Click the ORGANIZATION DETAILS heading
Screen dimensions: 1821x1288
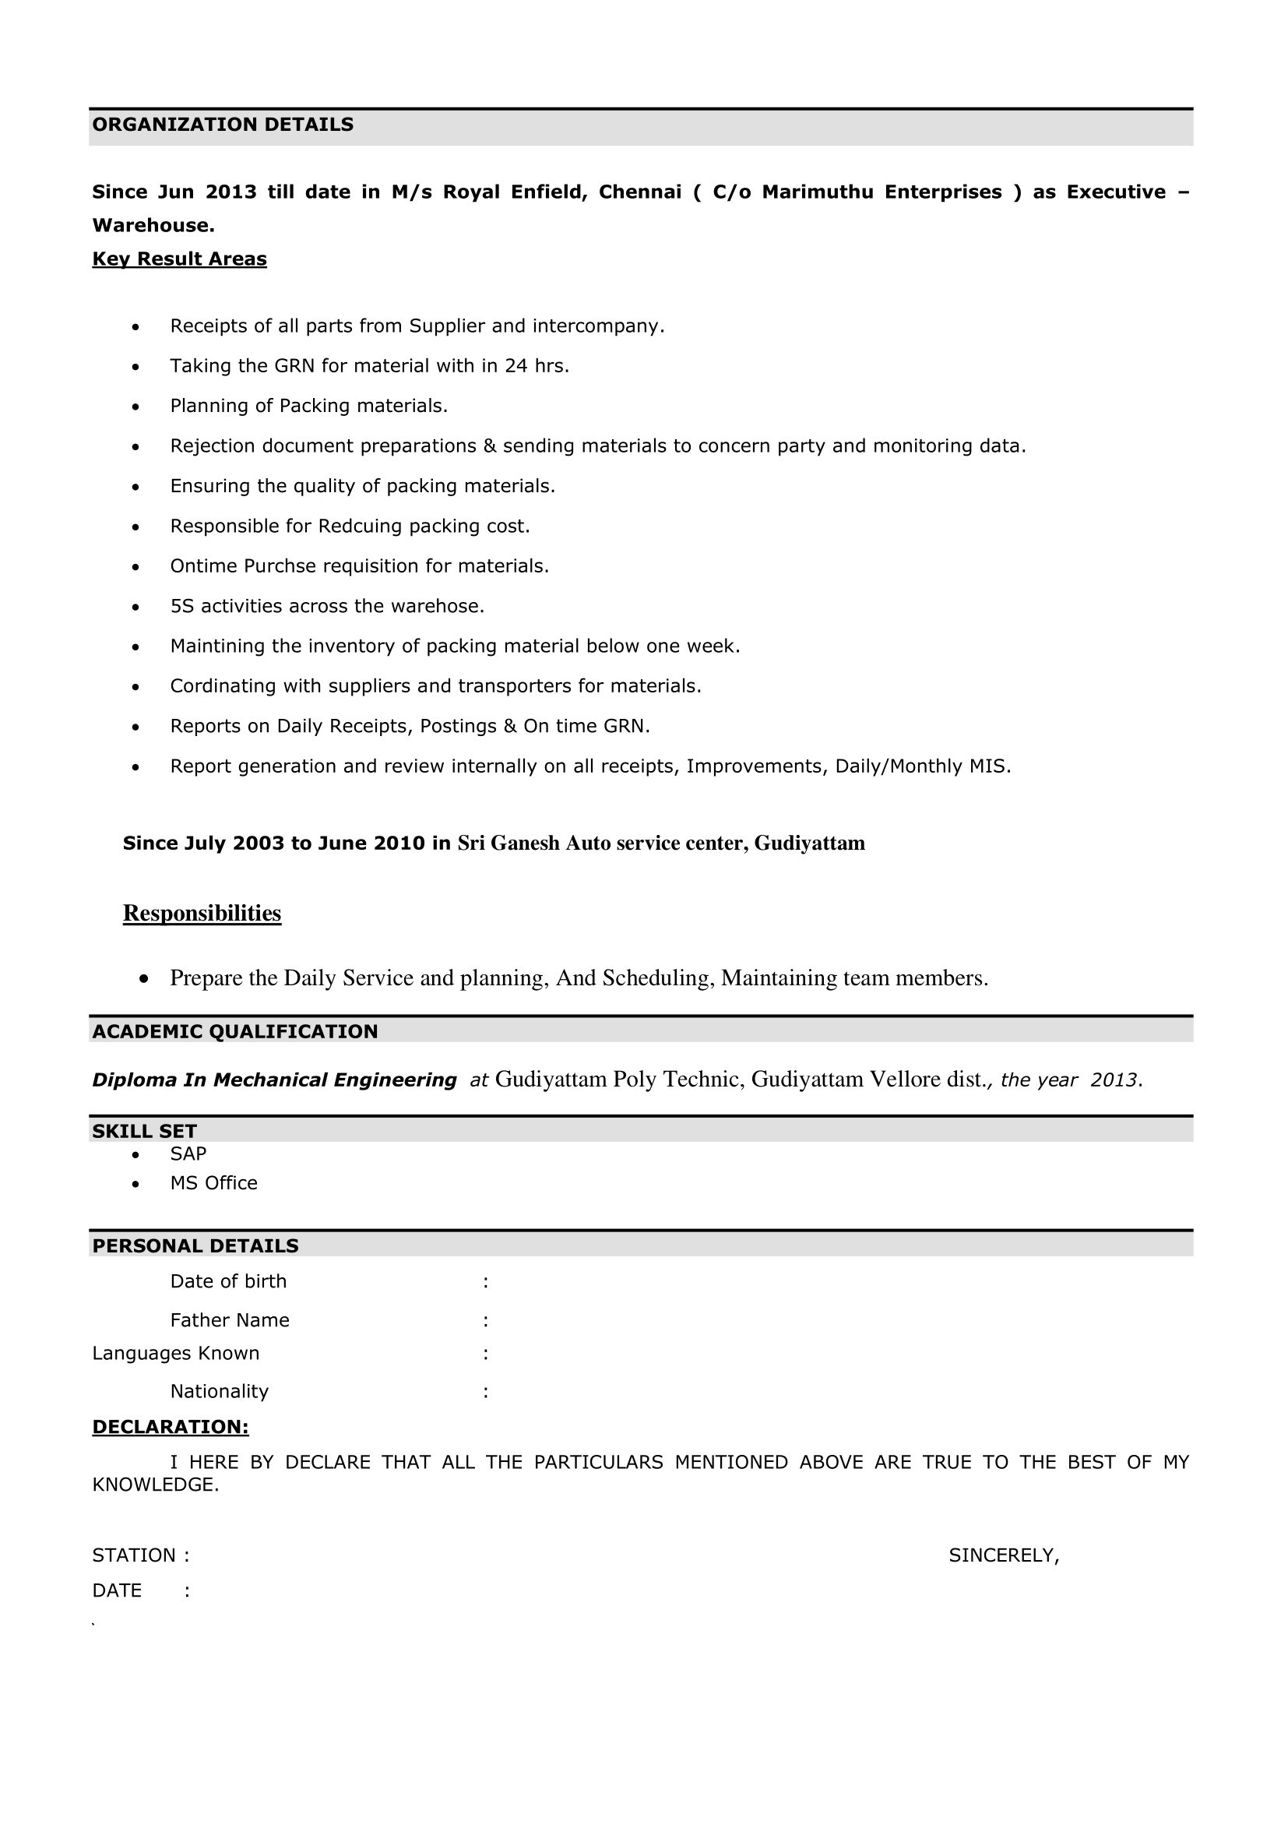pyautogui.click(x=223, y=125)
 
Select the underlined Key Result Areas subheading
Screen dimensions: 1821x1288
pyautogui.click(x=179, y=259)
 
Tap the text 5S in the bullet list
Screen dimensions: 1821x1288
pyautogui.click(x=181, y=607)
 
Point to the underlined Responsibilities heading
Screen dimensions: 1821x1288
pyautogui.click(x=202, y=914)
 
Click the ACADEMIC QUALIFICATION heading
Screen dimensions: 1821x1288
pyautogui.click(x=234, y=1032)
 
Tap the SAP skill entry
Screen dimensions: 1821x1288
pyautogui.click(x=188, y=1154)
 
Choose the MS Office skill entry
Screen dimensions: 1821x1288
pyautogui.click(x=213, y=1183)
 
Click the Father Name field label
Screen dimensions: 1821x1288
pyautogui.click(x=229, y=1320)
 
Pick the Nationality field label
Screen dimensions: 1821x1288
pyautogui.click(x=219, y=1392)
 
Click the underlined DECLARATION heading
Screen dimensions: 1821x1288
pyautogui.click(x=171, y=1428)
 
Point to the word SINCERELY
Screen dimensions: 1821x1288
pyautogui.click(x=1002, y=1556)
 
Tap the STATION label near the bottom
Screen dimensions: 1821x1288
pyautogui.click(x=134, y=1556)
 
